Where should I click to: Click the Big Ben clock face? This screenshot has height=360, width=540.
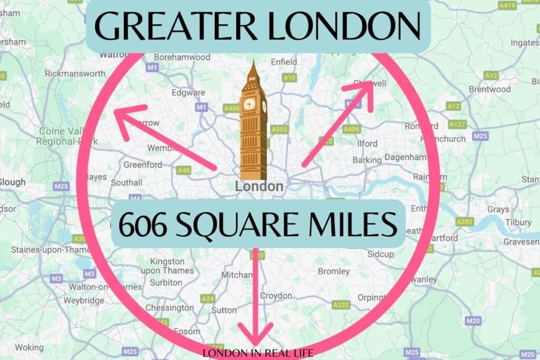pos(249,103)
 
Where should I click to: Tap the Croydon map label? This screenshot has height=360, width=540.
pos(276,296)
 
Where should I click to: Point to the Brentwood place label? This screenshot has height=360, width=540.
pos(490,89)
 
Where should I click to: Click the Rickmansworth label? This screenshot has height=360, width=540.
pos(75,74)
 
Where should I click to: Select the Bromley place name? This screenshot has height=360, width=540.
pos(333,271)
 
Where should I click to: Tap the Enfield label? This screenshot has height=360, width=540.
pos(284,62)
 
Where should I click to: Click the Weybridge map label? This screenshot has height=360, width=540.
pos(84,300)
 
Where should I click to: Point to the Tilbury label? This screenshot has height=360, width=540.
pos(518,222)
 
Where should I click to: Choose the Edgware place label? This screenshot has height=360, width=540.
pos(188,93)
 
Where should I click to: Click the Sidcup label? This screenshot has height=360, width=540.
pos(381,254)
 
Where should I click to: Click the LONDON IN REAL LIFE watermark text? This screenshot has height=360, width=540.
pos(258,353)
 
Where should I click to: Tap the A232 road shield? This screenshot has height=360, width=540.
pos(341,305)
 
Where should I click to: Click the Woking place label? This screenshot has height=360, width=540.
pos(29,347)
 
